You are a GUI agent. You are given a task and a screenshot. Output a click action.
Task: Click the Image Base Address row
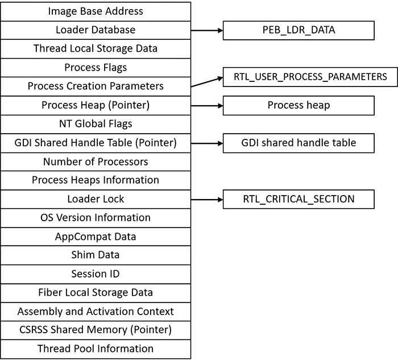[x=96, y=11]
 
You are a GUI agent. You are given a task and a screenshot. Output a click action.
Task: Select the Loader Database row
[x=96, y=30]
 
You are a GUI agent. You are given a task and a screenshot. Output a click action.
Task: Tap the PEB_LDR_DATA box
[x=298, y=30]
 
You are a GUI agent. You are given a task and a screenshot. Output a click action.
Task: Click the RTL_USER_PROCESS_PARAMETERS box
[x=310, y=77]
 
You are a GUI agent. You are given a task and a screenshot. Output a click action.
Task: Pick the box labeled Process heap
[x=298, y=105]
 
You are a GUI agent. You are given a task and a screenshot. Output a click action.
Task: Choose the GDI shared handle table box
[x=298, y=143]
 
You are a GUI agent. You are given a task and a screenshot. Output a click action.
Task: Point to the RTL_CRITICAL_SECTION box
[x=298, y=199]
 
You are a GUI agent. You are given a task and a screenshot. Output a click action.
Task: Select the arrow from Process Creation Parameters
[x=206, y=82]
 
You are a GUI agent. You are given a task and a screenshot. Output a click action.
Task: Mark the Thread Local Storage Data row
[x=96, y=48]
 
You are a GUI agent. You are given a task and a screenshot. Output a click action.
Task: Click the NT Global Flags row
[x=96, y=123]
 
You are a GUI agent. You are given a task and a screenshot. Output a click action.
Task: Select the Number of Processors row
[x=96, y=162]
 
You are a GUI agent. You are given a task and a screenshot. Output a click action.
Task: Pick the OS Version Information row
[x=96, y=218]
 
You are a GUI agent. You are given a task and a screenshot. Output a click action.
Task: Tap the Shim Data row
[x=96, y=255]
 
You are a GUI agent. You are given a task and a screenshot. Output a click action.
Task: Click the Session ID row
[x=96, y=274]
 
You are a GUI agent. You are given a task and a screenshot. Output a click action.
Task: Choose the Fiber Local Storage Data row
[x=96, y=293]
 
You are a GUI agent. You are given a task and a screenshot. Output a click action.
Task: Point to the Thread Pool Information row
[x=96, y=348]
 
